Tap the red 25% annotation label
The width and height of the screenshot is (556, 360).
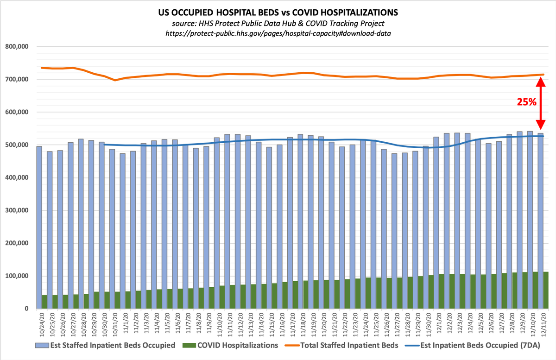click(x=526, y=102)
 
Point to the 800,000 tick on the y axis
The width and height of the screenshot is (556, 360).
click(x=16, y=46)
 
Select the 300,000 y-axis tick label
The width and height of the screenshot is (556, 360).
click(x=16, y=210)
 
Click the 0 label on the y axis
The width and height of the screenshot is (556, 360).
click(x=26, y=309)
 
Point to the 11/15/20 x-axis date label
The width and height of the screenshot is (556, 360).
click(x=270, y=324)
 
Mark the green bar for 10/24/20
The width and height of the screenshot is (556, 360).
click(x=44, y=302)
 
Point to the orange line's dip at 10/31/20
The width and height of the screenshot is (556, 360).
click(x=115, y=80)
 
